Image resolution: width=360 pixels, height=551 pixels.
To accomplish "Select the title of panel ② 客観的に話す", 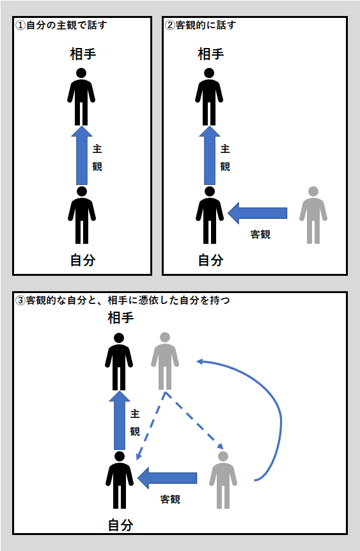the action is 201,26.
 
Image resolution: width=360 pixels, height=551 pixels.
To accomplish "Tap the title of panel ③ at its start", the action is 20,300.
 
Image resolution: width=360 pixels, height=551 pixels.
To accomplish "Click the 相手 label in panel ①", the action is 83,54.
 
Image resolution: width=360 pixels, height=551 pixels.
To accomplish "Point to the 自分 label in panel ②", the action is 211,260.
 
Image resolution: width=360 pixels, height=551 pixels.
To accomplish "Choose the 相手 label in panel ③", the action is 121,318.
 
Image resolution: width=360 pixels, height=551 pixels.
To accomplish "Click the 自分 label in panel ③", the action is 121,525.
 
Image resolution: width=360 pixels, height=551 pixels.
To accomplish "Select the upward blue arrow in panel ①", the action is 82,156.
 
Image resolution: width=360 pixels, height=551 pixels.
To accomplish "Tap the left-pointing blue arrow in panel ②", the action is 258,213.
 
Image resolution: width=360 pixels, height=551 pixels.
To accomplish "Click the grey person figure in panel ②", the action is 313,215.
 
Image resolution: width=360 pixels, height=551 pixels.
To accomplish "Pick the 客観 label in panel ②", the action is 260,234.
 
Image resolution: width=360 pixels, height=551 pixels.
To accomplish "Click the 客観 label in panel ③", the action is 170,499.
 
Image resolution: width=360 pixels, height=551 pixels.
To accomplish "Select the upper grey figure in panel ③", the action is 165,361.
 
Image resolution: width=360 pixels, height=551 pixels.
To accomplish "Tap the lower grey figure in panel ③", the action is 223,480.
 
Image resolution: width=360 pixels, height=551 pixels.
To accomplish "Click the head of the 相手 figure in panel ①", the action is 81,73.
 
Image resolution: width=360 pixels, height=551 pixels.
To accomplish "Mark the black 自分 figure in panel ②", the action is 210,215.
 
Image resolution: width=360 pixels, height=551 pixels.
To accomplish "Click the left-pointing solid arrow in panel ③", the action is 167,478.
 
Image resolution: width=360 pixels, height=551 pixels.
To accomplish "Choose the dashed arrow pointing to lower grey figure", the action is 194,420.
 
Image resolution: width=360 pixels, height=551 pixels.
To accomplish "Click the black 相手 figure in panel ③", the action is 119,362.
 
